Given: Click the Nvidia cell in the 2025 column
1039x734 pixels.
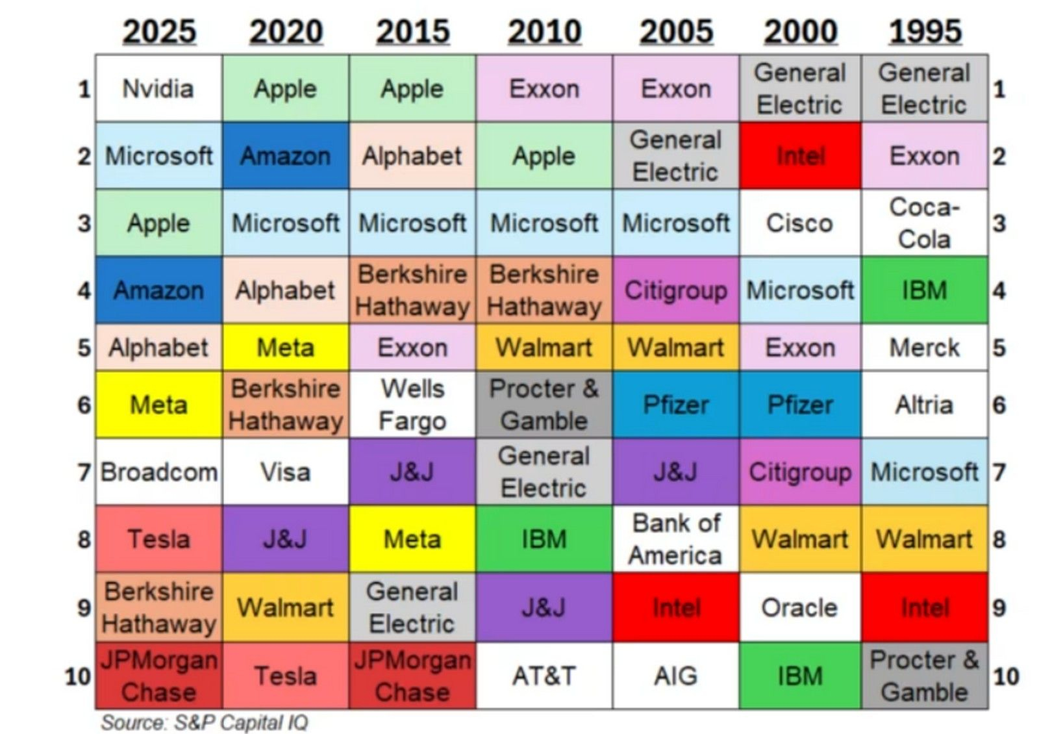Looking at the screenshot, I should coord(158,89).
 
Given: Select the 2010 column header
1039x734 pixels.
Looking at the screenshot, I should coord(544,31).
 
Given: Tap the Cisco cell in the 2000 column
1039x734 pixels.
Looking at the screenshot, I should coord(799,223).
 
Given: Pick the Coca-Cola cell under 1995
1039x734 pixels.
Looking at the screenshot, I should coord(924,223).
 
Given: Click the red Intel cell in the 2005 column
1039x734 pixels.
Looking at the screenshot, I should coord(675,608).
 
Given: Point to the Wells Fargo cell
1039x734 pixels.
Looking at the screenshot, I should coord(412,405).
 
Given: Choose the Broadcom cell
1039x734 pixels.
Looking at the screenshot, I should coord(158,472).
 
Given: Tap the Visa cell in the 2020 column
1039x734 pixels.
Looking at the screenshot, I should coord(285,472).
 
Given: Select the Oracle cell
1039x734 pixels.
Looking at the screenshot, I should coord(799,608).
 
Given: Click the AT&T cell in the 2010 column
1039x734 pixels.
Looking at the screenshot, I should coord(544,676).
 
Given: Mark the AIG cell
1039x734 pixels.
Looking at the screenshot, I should coord(675,676).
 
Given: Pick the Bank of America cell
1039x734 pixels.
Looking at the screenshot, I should coord(675,539).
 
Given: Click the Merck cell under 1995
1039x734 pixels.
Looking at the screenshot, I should coord(924,348).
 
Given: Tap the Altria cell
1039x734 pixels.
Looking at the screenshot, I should coord(924,405).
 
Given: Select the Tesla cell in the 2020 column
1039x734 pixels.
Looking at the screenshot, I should coord(285,676).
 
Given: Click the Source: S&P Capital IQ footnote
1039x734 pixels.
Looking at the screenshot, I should coord(204,722).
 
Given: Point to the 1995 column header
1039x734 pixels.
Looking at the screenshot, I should coord(925,31).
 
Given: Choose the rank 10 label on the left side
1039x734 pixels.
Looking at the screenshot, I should coord(77,676).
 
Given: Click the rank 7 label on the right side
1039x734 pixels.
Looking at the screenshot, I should coord(999,472).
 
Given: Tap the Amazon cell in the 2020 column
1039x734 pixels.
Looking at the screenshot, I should coord(285,156).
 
